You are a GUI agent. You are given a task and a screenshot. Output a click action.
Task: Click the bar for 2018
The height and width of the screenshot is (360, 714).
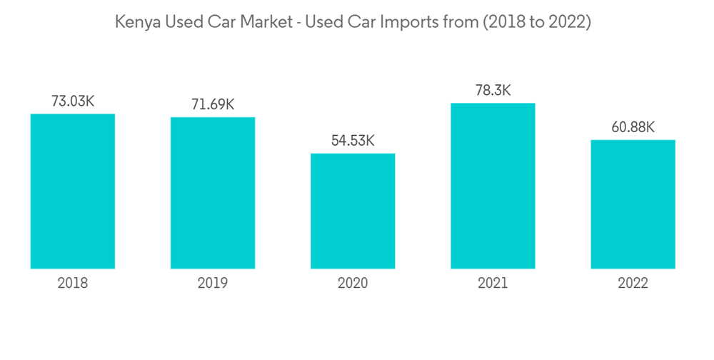(73, 191)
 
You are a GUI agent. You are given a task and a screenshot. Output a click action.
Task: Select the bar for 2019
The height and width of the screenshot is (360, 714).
(213, 193)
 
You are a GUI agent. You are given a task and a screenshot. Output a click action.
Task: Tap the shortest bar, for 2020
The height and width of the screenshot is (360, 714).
(353, 211)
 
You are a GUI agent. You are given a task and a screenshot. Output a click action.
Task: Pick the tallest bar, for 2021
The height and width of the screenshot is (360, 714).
(493, 186)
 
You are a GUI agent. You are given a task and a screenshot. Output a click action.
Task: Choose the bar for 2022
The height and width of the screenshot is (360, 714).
(633, 204)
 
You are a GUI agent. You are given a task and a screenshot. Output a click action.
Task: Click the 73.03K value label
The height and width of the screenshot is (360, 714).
(73, 101)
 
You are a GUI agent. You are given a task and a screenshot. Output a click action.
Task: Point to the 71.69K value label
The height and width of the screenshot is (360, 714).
(213, 105)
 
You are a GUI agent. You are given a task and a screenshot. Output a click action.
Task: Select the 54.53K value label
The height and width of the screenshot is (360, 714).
(353, 141)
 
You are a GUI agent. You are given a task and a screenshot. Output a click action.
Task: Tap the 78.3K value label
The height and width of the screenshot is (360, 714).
(493, 91)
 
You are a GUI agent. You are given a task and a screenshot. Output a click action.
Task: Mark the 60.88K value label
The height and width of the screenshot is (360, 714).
(633, 128)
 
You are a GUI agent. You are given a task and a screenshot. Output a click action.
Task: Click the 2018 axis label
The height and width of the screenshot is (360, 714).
(73, 284)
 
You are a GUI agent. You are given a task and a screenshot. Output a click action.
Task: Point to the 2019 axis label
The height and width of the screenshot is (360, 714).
(213, 284)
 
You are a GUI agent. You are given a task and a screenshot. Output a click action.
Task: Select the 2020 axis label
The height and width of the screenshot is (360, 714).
(353, 284)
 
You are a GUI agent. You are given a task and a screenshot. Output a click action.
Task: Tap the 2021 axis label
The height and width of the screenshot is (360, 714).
(493, 284)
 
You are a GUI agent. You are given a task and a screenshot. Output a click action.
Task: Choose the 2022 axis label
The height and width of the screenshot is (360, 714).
(633, 284)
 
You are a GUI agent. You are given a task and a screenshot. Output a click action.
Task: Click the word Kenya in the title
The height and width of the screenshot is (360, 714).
(137, 23)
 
